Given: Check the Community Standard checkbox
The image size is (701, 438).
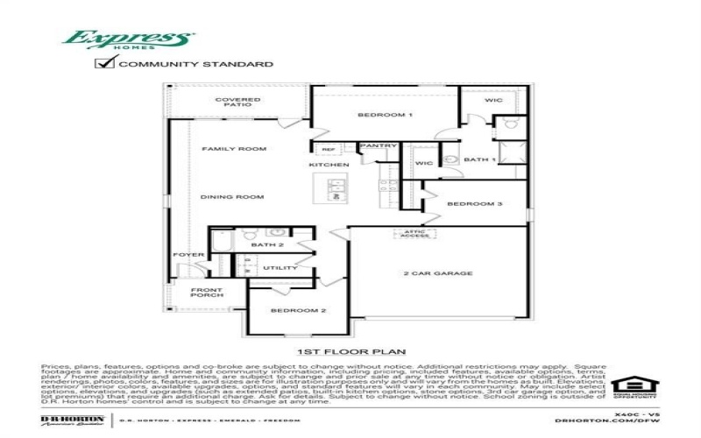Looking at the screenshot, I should [105, 62].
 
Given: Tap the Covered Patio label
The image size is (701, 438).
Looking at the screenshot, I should [237, 103].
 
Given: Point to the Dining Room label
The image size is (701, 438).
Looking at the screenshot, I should [232, 197].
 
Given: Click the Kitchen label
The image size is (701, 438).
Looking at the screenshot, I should [329, 165].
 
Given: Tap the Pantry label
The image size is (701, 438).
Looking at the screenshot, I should [379, 145].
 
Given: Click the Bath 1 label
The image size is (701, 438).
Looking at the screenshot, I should [479, 159].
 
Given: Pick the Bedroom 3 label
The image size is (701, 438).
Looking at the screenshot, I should [474, 204].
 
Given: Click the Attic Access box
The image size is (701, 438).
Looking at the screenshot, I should [415, 234].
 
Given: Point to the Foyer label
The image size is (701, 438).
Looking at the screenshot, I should [188, 255].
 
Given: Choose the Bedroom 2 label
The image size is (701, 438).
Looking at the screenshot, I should [286, 311].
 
